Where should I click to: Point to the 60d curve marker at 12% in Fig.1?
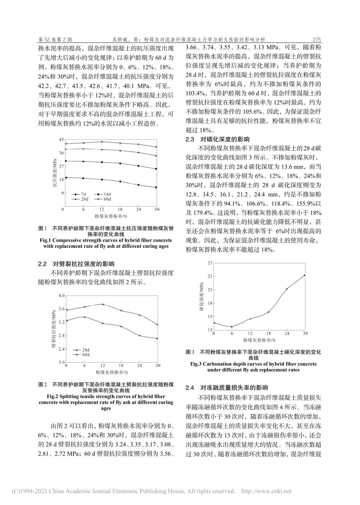(x=102, y=142)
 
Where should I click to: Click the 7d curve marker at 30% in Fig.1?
(x=156, y=187)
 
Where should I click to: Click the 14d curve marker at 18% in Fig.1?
(x=120, y=163)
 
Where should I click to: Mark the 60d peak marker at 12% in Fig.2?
(x=102, y=304)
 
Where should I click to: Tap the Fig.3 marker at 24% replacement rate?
(x=286, y=289)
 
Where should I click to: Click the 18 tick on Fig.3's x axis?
(x=268, y=333)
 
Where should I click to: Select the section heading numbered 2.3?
(x=218, y=140)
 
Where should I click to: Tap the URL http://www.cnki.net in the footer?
(x=266, y=491)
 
